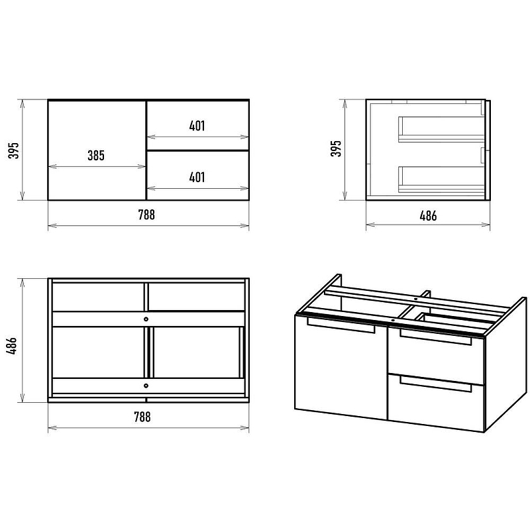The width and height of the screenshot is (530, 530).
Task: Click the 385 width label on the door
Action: pyautogui.click(x=96, y=156)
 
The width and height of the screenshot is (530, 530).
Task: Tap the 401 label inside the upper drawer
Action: pyautogui.click(x=197, y=126)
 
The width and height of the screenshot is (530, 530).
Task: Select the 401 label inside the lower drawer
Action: pyautogui.click(x=197, y=177)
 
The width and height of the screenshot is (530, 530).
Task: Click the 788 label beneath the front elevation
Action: pyautogui.click(x=146, y=215)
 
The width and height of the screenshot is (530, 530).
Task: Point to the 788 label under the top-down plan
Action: pyautogui.click(x=142, y=417)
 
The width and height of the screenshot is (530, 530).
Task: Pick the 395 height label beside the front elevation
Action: pyautogui.click(x=14, y=150)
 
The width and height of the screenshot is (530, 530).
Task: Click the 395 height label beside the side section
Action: pyautogui.click(x=336, y=148)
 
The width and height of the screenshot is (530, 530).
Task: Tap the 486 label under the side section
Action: pyautogui.click(x=428, y=216)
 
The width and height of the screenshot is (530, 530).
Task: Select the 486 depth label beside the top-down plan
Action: pyautogui.click(x=12, y=345)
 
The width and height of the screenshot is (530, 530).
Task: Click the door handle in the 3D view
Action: pyautogui.click(x=341, y=325)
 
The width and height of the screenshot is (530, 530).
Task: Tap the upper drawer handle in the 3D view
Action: pyautogui.click(x=436, y=337)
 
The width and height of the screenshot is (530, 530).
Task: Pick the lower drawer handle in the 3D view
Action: pyautogui.click(x=436, y=384)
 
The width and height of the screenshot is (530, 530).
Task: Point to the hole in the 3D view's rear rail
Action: pyautogui.click(x=416, y=299)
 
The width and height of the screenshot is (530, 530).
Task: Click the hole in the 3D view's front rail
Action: pyautogui.click(x=393, y=319)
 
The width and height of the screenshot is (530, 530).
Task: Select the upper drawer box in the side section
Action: pyautogui.click(x=441, y=129)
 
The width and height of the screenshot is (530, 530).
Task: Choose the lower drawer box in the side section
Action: pyautogui.click(x=441, y=180)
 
